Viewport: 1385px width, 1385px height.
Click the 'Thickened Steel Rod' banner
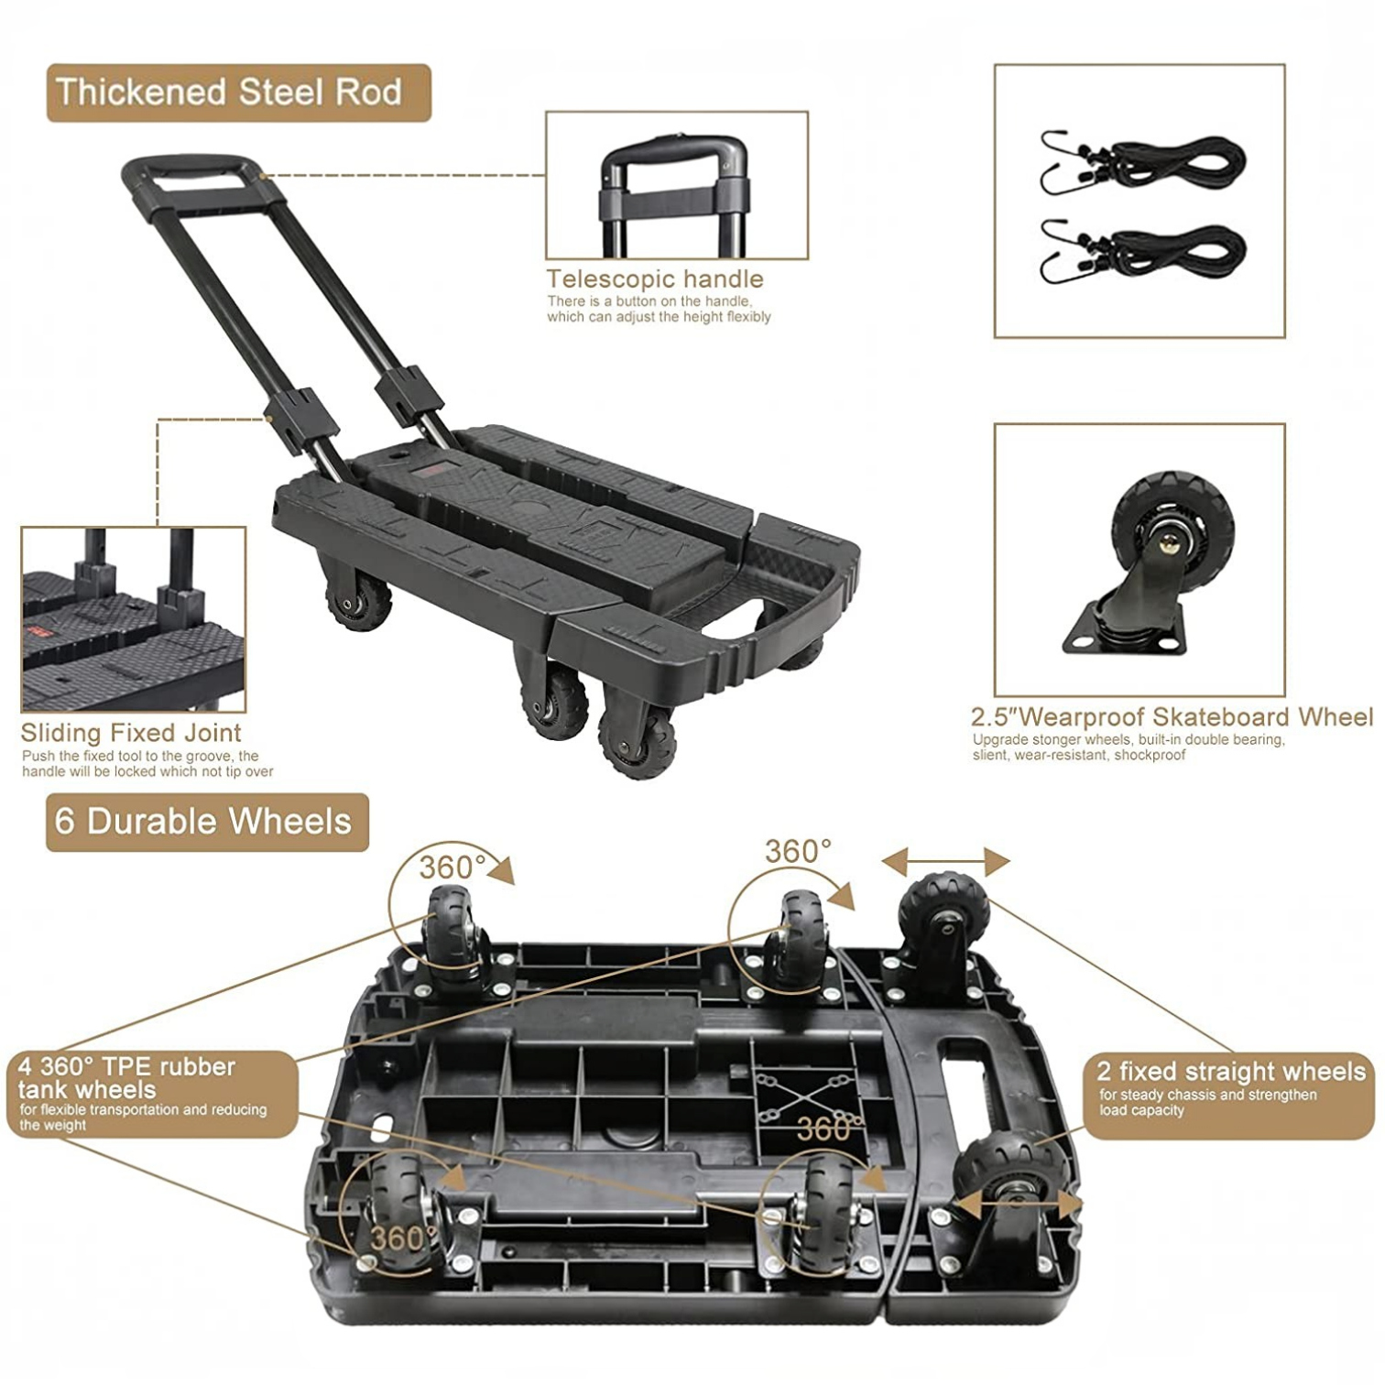pyautogui.click(x=238, y=93)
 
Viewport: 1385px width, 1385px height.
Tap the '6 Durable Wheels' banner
pyautogui.click(x=207, y=822)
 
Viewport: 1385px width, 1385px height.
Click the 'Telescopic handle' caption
pyautogui.click(x=655, y=278)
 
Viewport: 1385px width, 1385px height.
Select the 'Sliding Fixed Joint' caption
pyautogui.click(x=131, y=733)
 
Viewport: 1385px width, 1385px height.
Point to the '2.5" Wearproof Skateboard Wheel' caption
pyautogui.click(x=1172, y=717)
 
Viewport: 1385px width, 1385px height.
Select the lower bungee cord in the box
pyautogui.click(x=1143, y=252)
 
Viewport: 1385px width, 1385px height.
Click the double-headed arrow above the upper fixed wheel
pyautogui.click(x=945, y=861)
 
